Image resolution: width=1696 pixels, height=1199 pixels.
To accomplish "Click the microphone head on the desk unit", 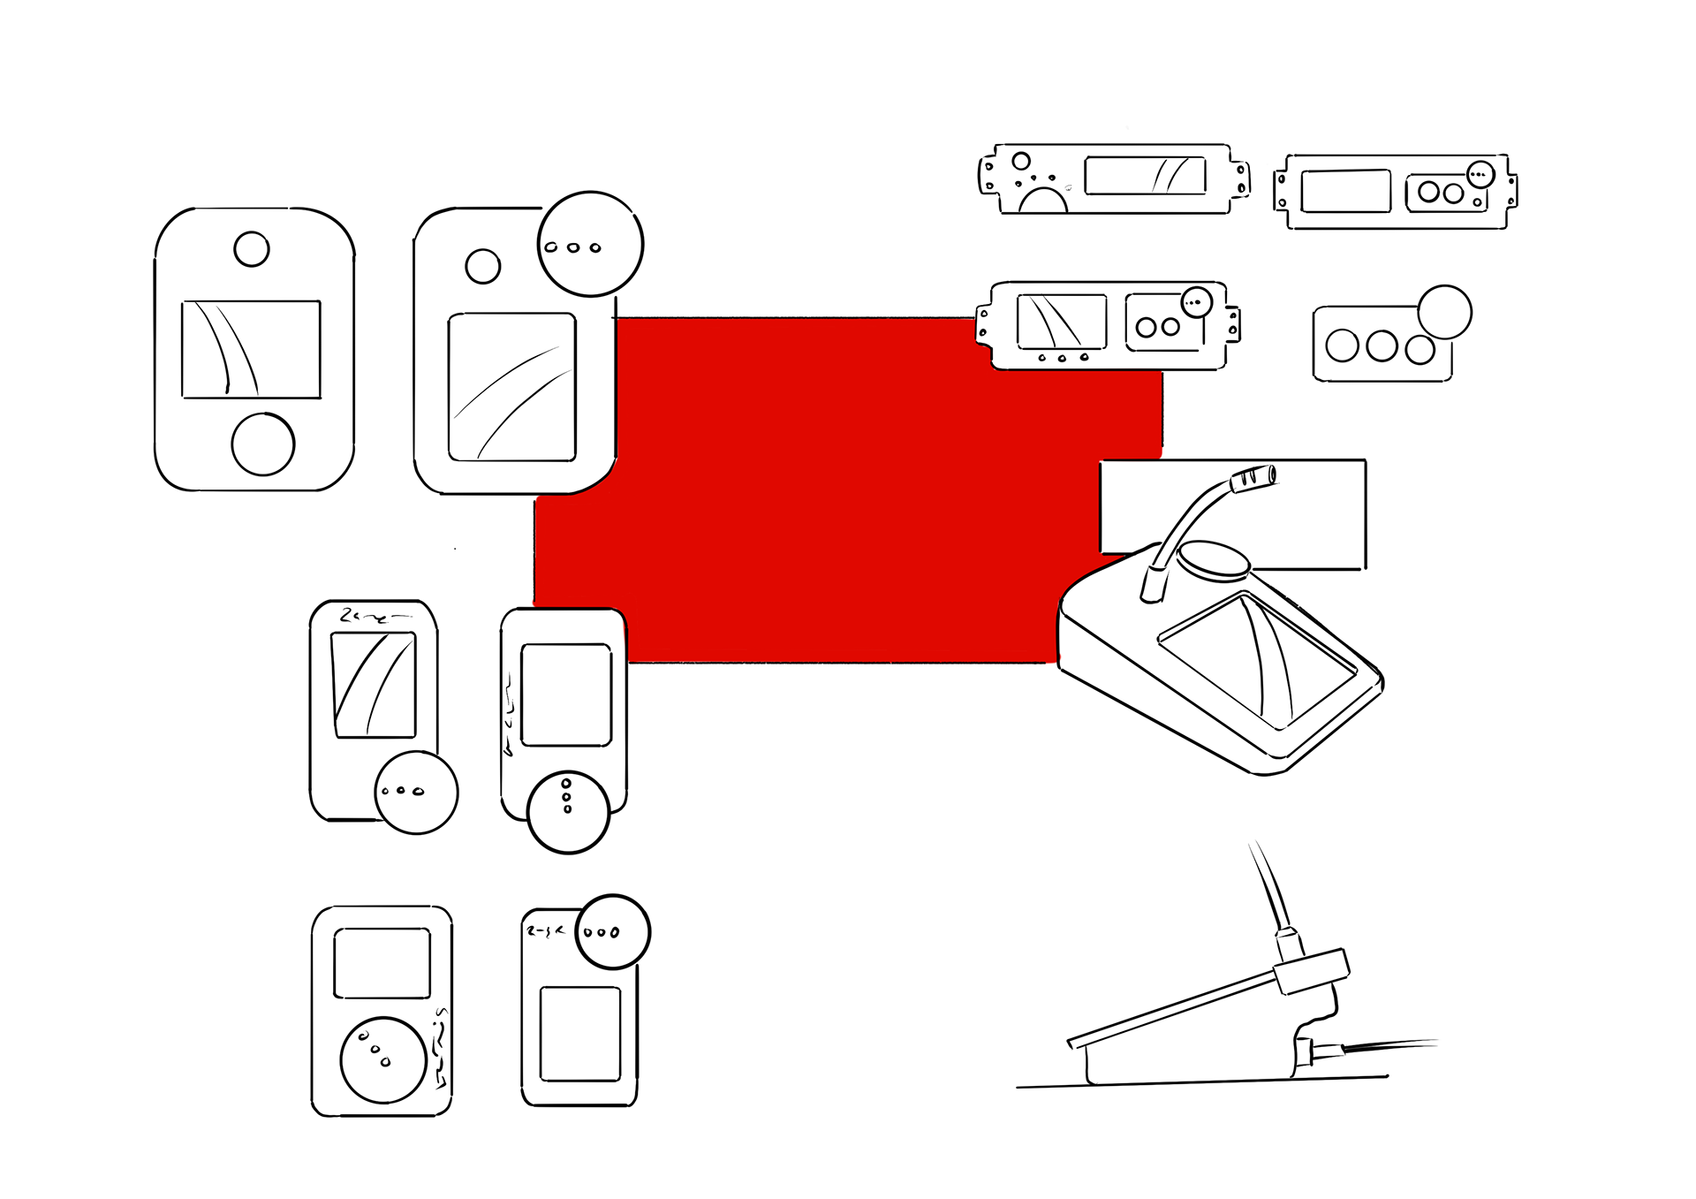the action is point(1253,478).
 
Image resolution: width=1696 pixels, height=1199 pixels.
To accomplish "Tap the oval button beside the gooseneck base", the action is point(1215,559).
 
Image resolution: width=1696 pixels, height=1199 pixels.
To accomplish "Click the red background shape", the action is point(839,486).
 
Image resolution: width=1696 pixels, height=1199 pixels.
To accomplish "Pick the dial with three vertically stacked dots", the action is point(568,812).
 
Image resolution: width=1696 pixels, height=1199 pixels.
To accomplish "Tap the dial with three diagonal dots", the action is point(382,1059).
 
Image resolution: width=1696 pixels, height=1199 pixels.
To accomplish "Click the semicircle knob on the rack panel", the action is point(1043,201).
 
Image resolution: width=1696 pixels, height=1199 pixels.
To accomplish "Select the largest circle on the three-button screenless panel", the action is point(1444,312).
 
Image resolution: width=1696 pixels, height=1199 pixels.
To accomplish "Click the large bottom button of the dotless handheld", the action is point(262,444).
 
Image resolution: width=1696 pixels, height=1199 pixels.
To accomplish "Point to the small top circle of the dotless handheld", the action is point(252,249).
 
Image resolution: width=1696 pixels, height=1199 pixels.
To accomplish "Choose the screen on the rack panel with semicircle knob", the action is point(1145,175).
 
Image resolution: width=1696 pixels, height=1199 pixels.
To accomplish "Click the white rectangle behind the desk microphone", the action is point(1307,504).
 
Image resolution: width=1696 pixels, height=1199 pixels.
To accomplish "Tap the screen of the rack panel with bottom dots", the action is point(1062,321).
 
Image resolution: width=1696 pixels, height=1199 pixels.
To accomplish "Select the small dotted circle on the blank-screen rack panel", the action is point(1480,174).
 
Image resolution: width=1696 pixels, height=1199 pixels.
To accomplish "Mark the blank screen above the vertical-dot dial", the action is point(566,694).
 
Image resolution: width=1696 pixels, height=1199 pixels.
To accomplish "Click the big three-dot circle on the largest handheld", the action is point(590,244).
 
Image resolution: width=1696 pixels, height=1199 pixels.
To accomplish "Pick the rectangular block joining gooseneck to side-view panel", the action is point(1312,971).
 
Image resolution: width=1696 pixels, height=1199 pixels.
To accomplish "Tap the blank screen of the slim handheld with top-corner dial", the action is point(579,1034).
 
